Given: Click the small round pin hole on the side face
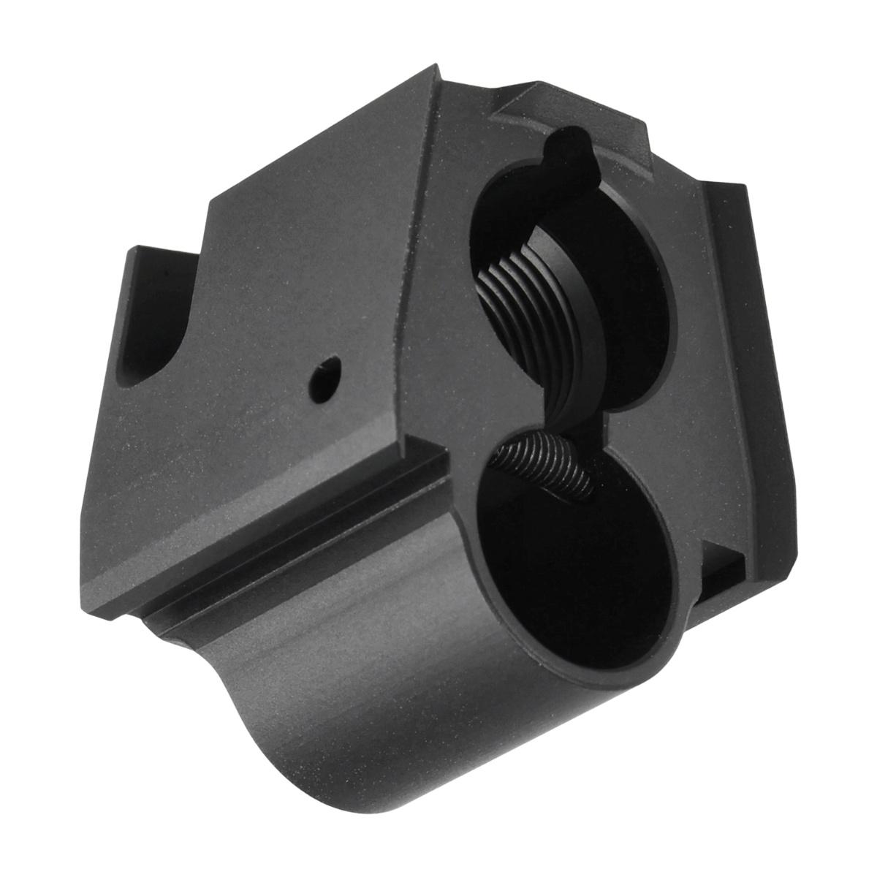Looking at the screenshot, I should [x=324, y=377].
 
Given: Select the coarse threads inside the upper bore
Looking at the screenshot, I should [x=512, y=292].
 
